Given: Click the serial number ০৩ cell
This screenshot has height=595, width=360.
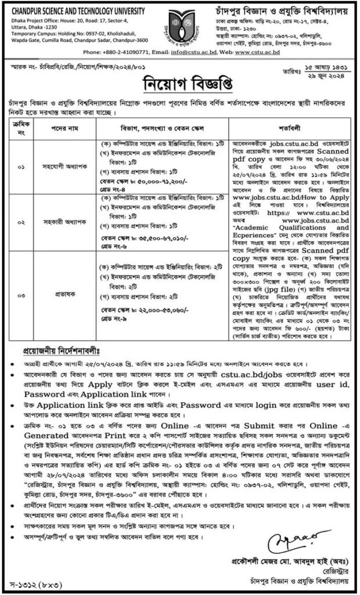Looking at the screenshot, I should point(21,295).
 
